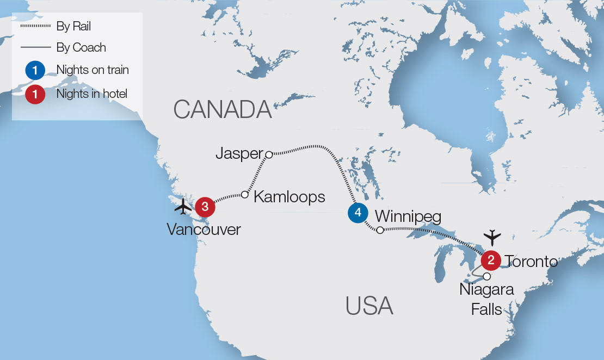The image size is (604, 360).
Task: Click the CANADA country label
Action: pos(223,110)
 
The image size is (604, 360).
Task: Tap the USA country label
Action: pos(369,306)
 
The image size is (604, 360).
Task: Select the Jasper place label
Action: pos(239,153)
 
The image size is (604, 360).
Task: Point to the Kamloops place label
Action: pos(289,196)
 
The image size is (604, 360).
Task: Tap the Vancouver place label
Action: pos(204,229)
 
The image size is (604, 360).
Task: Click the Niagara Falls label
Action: pos(486,299)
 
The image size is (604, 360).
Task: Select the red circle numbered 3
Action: pos(205,206)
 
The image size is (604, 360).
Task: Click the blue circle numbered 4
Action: pos(358,213)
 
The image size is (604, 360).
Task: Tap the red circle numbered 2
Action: pos(491,260)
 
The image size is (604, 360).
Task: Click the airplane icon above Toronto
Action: pos(492,237)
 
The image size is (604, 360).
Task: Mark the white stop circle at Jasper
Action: pos(268,154)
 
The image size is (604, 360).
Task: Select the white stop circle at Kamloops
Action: pos(245,194)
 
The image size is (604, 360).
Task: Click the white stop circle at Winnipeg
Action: pos(380,230)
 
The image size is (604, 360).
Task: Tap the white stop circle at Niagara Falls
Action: pos(486,276)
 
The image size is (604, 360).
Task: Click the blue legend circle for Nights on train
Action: pos(35,70)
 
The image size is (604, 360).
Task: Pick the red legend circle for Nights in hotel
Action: pos(35,94)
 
